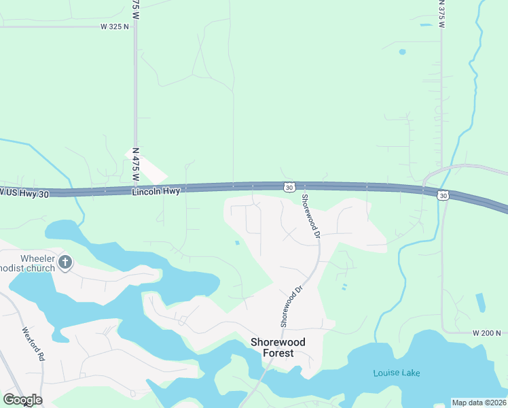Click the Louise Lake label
tap(397, 373)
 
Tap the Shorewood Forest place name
tap(278, 347)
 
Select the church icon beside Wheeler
tap(65, 262)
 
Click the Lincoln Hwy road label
tap(156, 192)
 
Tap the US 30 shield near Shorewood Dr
tap(290, 187)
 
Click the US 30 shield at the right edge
tap(443, 196)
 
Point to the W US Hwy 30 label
tap(24, 192)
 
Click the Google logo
tap(22, 400)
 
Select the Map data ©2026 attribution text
tap(479, 403)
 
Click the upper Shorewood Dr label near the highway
tap(310, 216)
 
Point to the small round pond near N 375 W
tap(402, 52)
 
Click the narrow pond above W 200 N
tap(481, 303)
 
